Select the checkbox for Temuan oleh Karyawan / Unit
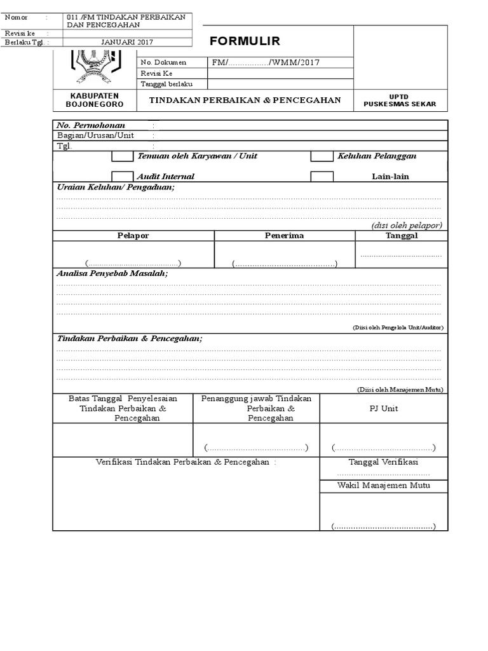click(x=123, y=156)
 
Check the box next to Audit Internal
click(x=123, y=176)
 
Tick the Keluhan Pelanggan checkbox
click(x=322, y=156)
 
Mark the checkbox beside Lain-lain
click(x=322, y=176)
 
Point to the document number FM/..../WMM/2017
click(x=266, y=62)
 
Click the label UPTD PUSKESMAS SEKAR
click(x=400, y=100)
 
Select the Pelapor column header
click(x=133, y=236)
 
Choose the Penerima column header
click(x=284, y=236)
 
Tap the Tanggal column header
click(x=402, y=236)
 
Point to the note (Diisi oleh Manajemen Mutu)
click(x=400, y=389)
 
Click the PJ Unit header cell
click(x=383, y=408)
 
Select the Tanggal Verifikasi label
click(x=383, y=462)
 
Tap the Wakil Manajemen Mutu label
click(x=383, y=486)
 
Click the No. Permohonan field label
click(x=91, y=125)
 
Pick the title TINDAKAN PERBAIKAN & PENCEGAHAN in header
click(x=245, y=100)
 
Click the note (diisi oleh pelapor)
click(x=407, y=225)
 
